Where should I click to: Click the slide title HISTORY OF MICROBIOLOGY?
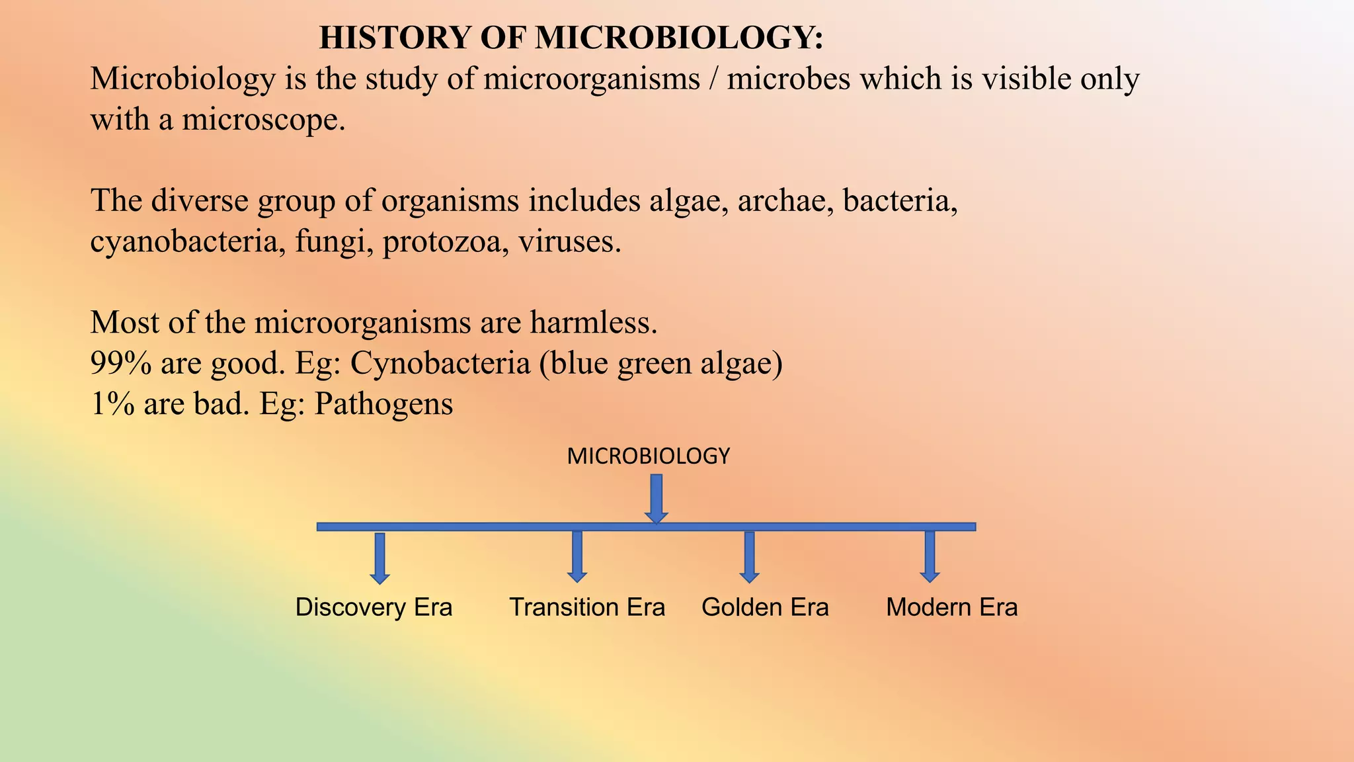571,38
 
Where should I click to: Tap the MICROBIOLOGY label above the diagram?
648,456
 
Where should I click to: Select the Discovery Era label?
374,607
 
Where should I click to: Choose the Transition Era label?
587,607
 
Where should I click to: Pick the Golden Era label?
765,607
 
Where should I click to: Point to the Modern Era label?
951,607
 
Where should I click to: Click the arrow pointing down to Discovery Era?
379,558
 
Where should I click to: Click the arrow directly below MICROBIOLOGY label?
657,498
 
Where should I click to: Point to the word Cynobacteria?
440,363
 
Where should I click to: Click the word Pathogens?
383,404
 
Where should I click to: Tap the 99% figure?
120,363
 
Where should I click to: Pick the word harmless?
593,323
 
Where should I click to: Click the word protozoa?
446,242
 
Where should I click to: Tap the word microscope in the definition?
263,120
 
